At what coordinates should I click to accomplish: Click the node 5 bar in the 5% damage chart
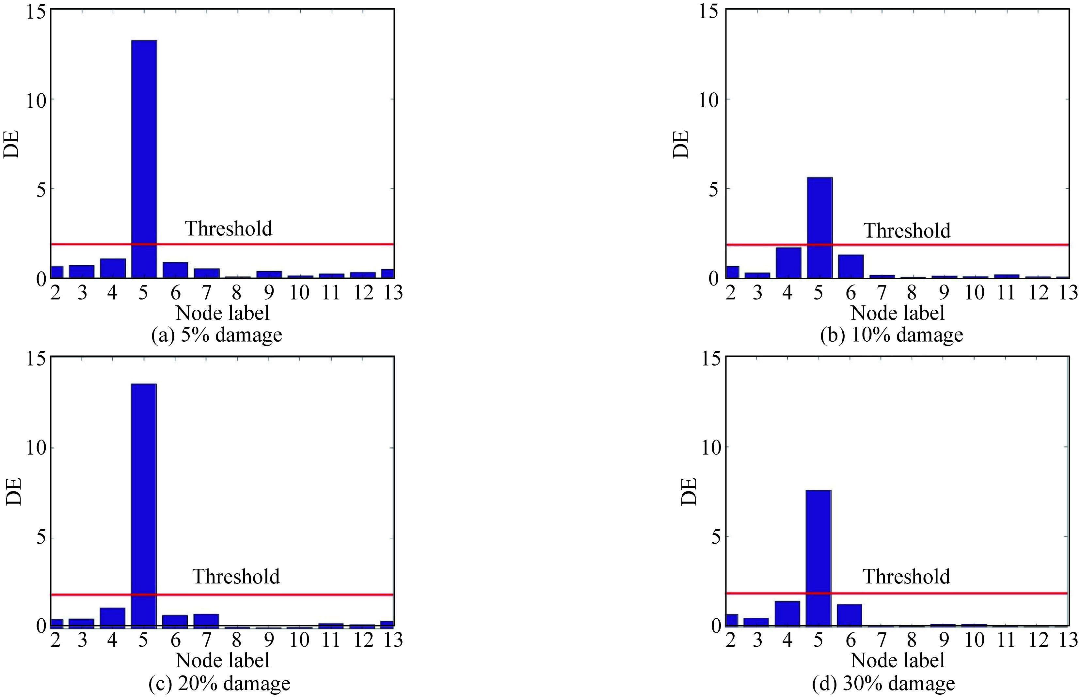point(144,158)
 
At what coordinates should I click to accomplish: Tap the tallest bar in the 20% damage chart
point(144,505)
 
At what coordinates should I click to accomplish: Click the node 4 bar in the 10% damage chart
point(788,262)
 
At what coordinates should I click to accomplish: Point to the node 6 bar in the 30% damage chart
point(850,615)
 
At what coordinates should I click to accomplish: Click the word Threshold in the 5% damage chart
point(228,228)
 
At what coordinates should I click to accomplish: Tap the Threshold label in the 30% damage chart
point(906,576)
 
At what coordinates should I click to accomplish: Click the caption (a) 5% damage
point(216,335)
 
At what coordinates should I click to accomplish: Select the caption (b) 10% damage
point(891,335)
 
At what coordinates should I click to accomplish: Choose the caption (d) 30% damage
point(883,683)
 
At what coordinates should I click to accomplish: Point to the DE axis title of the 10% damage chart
point(681,144)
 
